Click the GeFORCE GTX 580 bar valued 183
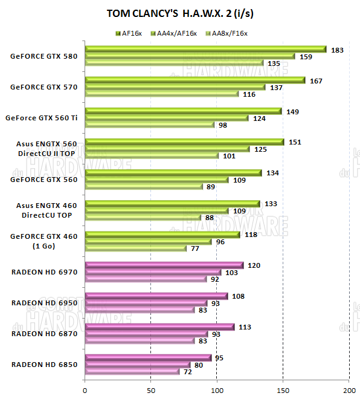[205, 49]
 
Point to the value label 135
[274, 63]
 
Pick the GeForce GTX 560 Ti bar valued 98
[150, 125]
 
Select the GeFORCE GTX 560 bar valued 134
[173, 173]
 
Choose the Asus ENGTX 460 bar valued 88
[143, 218]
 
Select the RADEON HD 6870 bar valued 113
[159, 327]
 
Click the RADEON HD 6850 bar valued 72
[132, 371]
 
